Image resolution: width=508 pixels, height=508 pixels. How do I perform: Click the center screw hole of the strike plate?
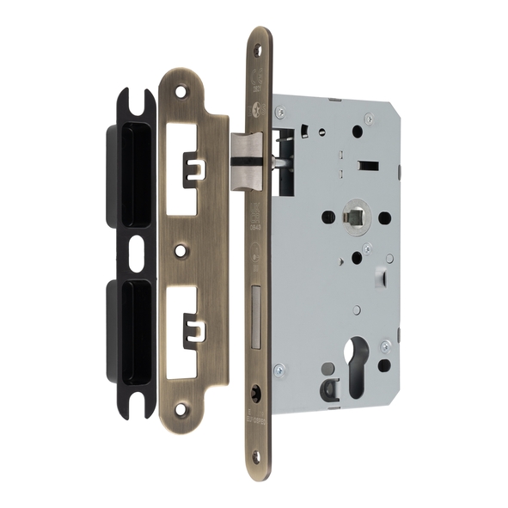pos(180,250)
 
